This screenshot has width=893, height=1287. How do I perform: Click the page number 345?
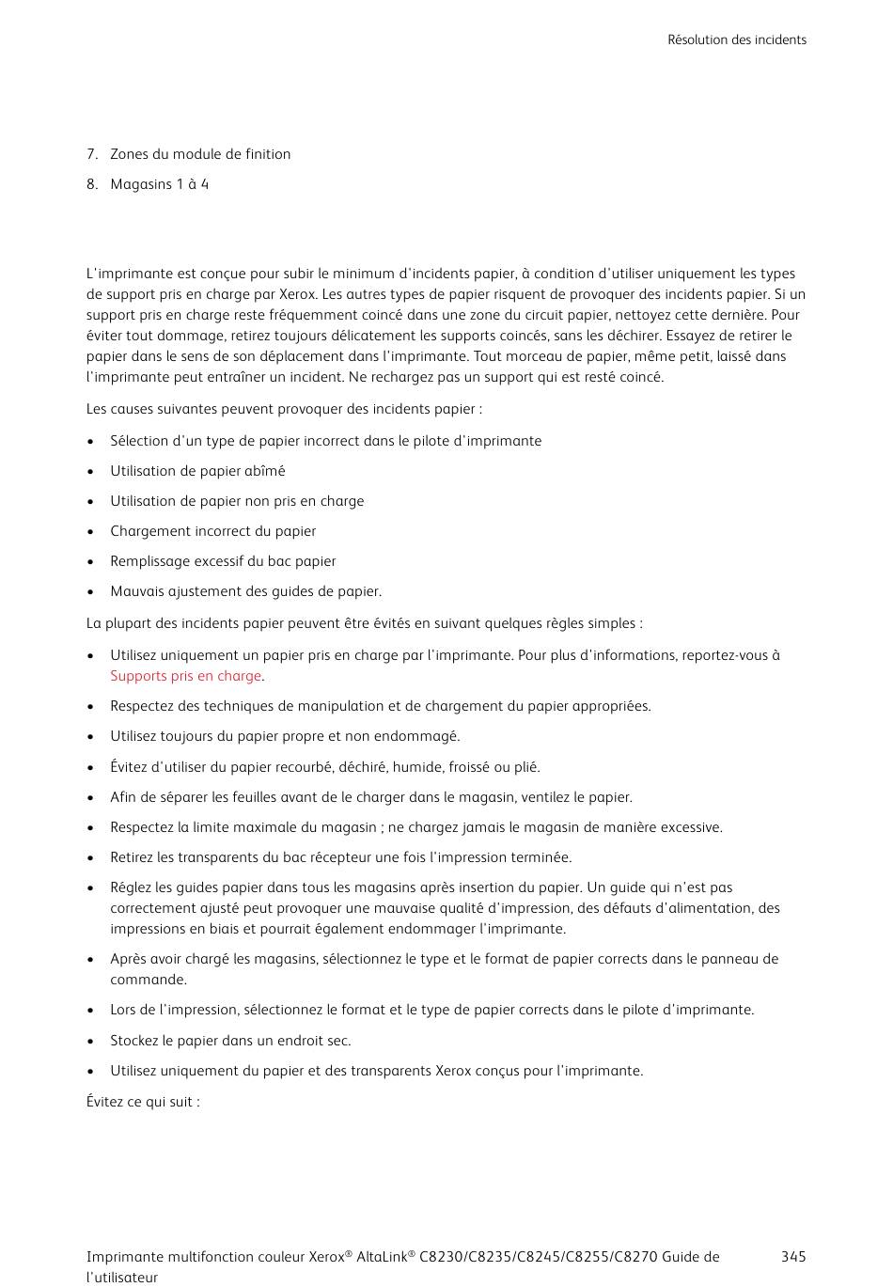click(x=792, y=1257)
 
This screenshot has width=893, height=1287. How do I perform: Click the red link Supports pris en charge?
click(x=185, y=676)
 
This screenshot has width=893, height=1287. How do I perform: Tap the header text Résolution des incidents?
click(x=736, y=39)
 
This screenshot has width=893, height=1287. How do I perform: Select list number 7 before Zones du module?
click(x=91, y=154)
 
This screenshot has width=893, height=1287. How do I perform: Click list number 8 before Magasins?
click(x=91, y=184)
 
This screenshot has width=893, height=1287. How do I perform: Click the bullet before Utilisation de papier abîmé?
click(x=90, y=472)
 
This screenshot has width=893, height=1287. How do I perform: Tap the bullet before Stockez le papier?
click(x=90, y=1042)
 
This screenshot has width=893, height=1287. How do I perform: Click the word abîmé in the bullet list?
click(x=264, y=471)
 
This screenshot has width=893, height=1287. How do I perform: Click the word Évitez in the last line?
click(x=104, y=1102)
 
